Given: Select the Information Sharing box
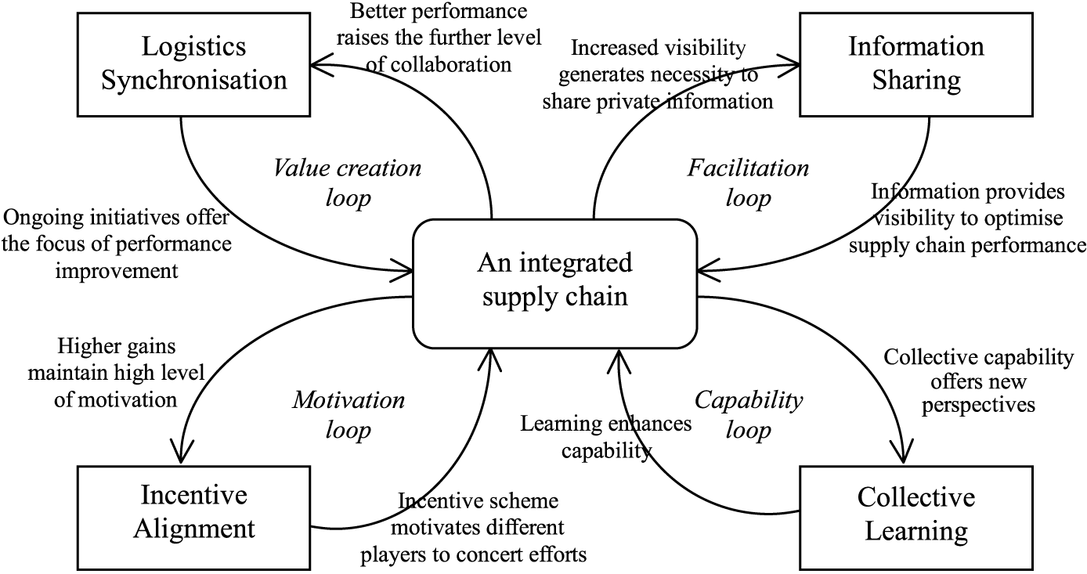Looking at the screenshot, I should click(x=915, y=63).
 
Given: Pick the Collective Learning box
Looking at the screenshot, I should click(x=915, y=514).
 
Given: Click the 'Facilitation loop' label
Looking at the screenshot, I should click(x=748, y=182).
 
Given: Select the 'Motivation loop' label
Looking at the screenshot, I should click(x=348, y=415).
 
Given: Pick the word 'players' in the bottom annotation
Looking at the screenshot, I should click(x=392, y=554).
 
